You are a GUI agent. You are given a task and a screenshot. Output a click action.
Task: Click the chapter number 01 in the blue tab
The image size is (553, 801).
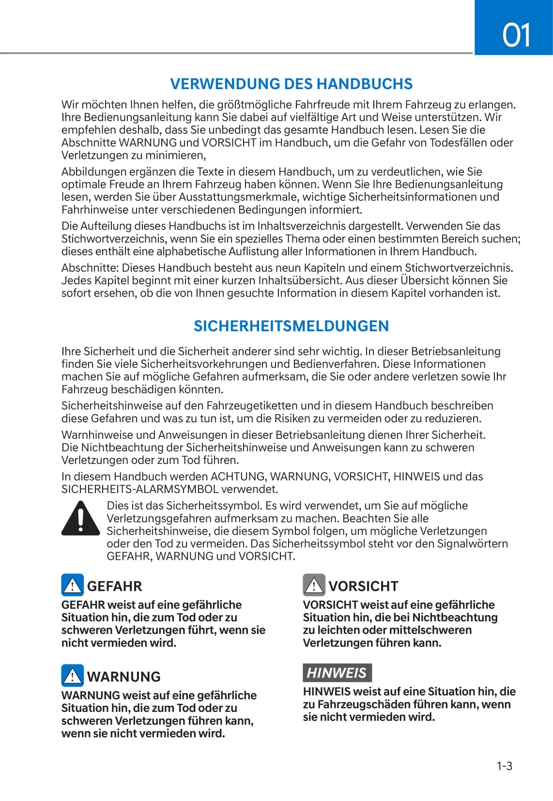[x=516, y=35]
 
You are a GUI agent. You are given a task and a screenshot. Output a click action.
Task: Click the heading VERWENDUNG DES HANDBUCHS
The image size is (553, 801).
[x=291, y=84]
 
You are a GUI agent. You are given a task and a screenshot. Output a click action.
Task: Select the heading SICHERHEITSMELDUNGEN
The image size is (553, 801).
[x=291, y=326]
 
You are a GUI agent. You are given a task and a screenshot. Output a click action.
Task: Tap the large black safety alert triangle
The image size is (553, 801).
[x=80, y=518]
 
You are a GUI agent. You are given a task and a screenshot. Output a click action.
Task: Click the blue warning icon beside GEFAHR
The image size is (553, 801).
[x=72, y=585]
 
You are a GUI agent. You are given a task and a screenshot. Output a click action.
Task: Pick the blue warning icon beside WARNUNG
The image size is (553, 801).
[x=72, y=676]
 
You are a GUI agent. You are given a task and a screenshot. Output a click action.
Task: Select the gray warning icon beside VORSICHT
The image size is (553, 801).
[x=314, y=585]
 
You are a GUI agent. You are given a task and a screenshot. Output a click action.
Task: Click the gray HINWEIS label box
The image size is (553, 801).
[x=337, y=673]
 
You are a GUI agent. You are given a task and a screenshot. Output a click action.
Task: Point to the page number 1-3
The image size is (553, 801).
[x=504, y=766]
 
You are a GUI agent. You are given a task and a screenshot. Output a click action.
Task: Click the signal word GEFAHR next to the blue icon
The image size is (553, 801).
[x=115, y=586]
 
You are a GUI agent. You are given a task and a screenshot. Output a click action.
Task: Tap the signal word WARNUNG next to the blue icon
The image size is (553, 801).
[x=124, y=677]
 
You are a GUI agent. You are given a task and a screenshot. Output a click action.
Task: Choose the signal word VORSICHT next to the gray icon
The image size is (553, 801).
[x=363, y=586]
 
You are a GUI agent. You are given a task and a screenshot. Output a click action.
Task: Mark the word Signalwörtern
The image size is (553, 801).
[x=472, y=544]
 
